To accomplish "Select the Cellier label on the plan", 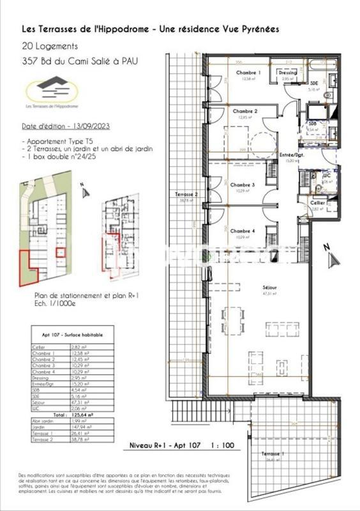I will coord(317,202).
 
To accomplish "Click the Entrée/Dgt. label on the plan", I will coord(291,155).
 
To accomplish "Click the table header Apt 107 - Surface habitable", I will coord(67,335).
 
